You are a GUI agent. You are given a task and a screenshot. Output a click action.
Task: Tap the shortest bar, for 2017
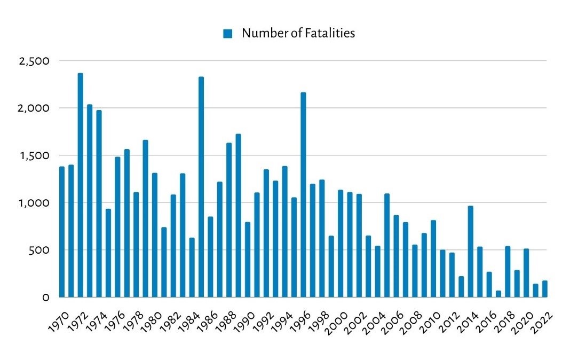[x=498, y=294]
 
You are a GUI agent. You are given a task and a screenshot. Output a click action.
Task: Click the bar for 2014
[x=470, y=251]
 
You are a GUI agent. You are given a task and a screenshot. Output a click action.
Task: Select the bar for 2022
[x=545, y=289]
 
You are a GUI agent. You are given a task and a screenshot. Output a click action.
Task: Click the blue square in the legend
[x=228, y=34]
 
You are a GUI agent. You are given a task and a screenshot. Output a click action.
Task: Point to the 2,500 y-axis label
[x=34, y=61]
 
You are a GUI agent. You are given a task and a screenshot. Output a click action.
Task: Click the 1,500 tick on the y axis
[x=34, y=155]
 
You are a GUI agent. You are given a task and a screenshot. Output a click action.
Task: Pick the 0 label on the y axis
[x=46, y=298]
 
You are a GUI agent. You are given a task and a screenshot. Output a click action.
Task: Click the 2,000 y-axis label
[x=34, y=108]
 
